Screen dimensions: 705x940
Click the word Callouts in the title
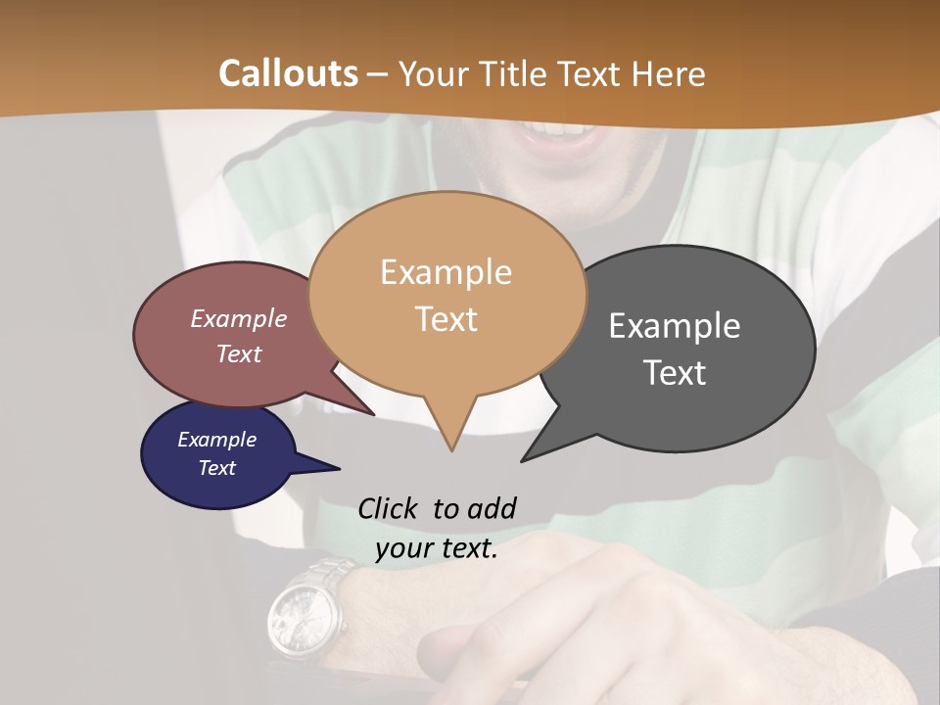point(288,73)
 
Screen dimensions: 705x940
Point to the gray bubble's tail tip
point(526,458)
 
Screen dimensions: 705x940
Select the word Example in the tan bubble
point(446,272)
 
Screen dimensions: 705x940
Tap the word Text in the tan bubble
point(446,319)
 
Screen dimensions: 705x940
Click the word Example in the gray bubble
point(675,326)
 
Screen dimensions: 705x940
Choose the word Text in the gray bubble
point(675,373)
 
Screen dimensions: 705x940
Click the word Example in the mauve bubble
point(239,319)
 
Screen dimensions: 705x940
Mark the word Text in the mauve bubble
point(239,354)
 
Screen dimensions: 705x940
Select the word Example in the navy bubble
point(217,440)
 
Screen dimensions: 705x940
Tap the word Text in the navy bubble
point(217,468)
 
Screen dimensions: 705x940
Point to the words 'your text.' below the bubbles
point(437,549)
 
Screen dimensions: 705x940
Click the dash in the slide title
point(379,74)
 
